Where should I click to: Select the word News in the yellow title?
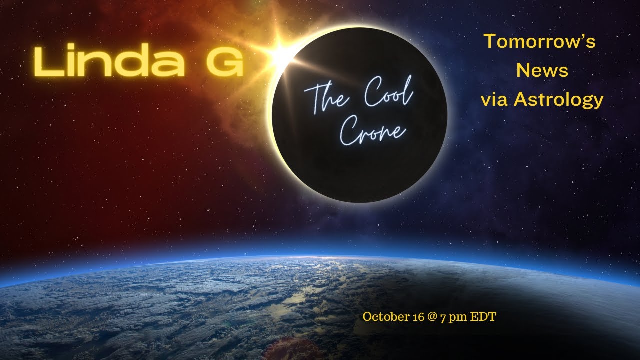click(x=542, y=71)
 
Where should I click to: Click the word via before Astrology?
click(x=495, y=100)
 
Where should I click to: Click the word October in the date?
click(x=382, y=317)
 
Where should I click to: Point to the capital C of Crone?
click(x=350, y=131)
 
